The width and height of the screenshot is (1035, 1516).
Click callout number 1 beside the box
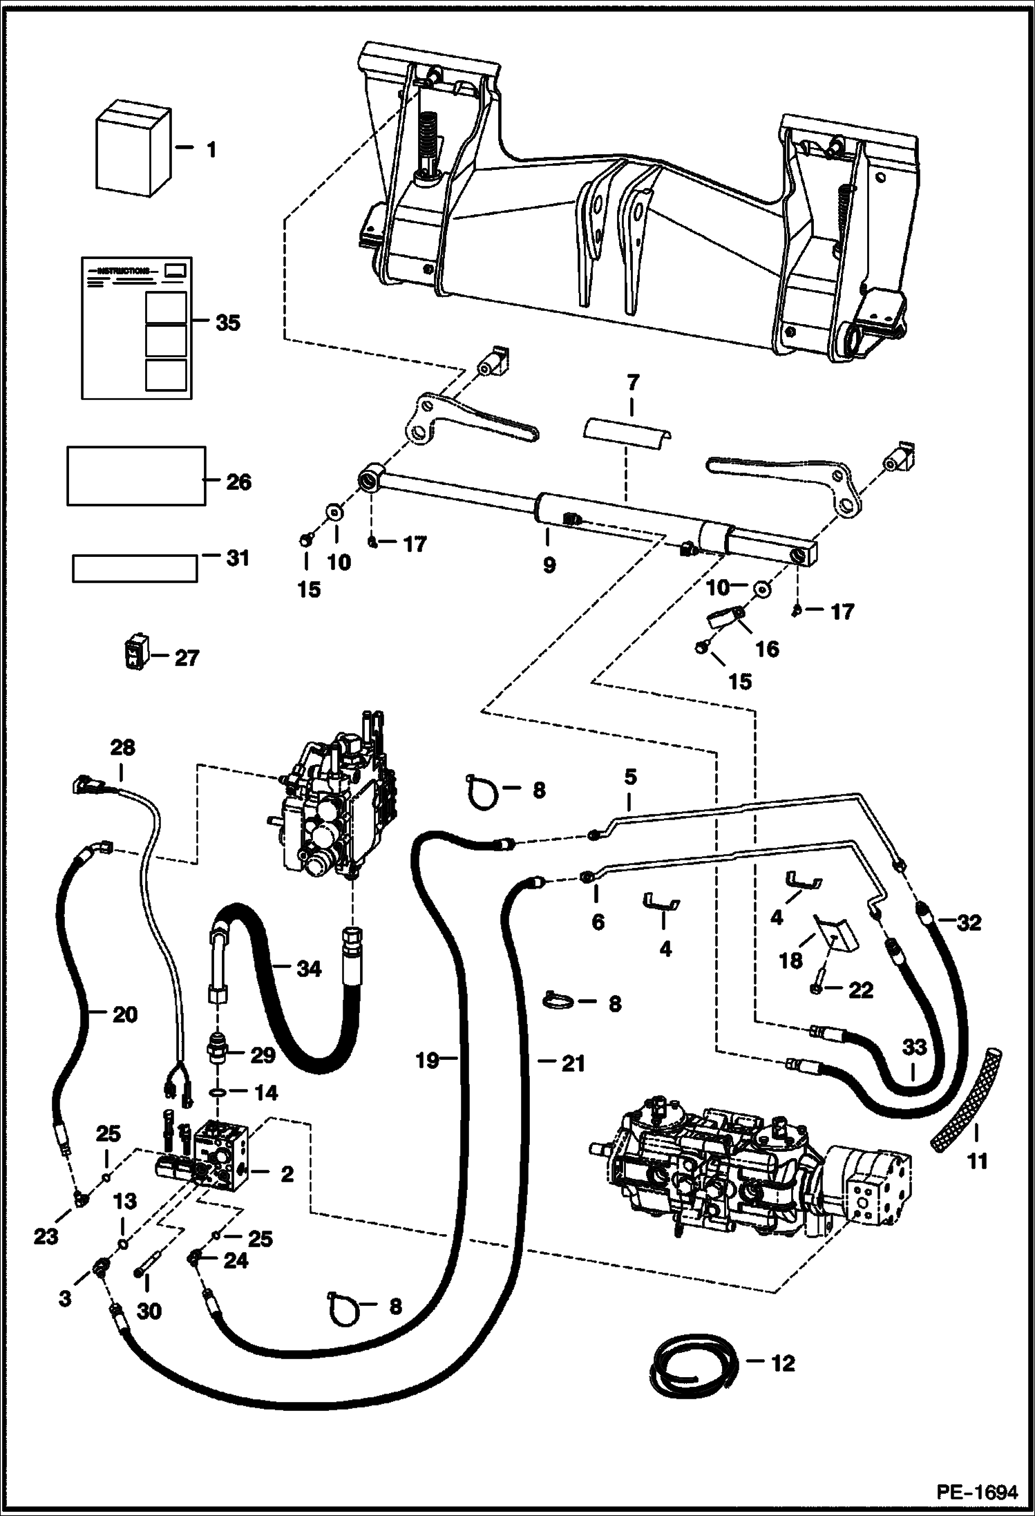(x=211, y=149)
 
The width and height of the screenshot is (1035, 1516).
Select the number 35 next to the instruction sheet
(x=227, y=323)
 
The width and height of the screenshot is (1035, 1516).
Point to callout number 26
(x=238, y=482)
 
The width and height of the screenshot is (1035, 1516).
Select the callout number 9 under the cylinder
(x=549, y=565)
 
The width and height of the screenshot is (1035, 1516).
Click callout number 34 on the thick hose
(x=308, y=969)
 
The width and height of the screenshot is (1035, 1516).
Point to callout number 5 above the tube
(x=629, y=777)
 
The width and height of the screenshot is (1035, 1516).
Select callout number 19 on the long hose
(x=427, y=1060)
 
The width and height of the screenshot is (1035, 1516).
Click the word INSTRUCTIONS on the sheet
(x=122, y=271)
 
